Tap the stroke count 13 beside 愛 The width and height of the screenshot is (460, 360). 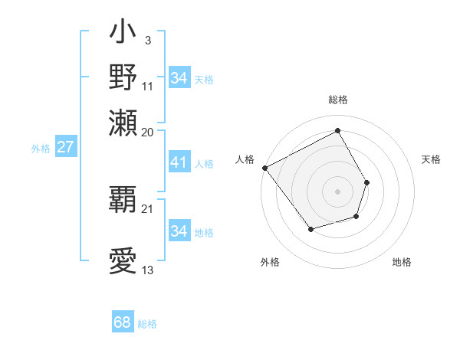(148, 270)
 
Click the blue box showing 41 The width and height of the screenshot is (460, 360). (179, 162)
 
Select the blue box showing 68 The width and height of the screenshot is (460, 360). (123, 322)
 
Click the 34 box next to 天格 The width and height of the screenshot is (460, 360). (179, 78)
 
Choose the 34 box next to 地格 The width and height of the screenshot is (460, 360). (179, 231)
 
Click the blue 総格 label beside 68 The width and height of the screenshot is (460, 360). (147, 324)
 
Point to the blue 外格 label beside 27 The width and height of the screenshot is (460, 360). (40, 149)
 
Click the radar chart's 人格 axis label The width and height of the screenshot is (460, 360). (245, 159)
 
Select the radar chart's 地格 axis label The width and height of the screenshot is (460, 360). (402, 262)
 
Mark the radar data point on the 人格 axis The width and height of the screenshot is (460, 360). (264, 168)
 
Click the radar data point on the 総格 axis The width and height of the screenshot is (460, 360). (337, 131)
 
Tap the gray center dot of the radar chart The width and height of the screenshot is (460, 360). (337, 191)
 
